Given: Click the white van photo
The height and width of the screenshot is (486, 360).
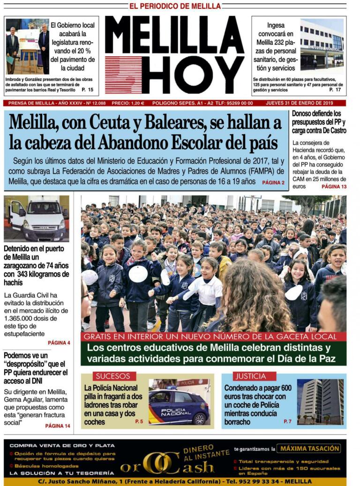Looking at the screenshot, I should click(37, 218).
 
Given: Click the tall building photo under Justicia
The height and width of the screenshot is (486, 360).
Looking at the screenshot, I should click(320, 402).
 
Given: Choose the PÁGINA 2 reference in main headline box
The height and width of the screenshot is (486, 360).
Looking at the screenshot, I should click(273, 182).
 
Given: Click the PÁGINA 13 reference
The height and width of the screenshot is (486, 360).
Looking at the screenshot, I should click(334, 187).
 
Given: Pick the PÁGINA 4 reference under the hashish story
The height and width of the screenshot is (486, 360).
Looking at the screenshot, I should click(59, 343).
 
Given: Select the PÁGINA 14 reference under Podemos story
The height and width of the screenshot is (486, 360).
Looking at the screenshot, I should click(58, 426).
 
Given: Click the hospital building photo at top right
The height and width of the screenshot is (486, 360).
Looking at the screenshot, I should click(322, 44).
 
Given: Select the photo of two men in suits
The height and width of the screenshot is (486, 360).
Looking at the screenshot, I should click(27, 46).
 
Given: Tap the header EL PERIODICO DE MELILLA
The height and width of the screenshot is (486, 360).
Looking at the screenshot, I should click(175, 6).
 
